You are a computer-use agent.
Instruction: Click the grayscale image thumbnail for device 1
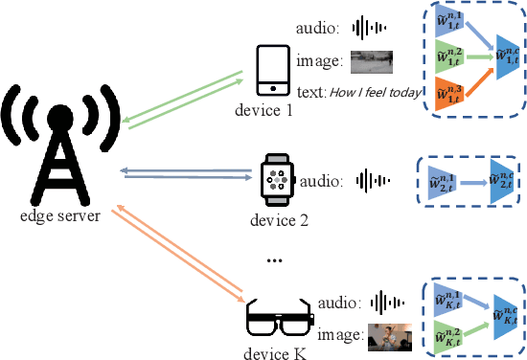coord(372,62)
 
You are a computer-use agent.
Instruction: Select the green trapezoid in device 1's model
coord(445,57)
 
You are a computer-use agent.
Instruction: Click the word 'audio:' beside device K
coord(336,303)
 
